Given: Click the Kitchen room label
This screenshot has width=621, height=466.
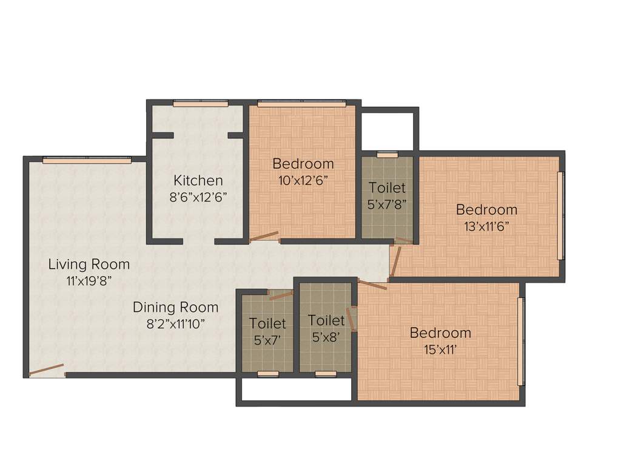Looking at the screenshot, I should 198,180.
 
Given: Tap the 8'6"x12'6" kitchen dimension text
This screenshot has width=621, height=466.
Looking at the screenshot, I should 198,197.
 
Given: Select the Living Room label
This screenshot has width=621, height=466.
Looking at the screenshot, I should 89,264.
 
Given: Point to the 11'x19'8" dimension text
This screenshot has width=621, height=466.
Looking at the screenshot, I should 89,280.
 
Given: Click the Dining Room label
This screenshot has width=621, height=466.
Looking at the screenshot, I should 175,307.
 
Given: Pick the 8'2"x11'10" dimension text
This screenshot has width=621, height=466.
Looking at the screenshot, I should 175,323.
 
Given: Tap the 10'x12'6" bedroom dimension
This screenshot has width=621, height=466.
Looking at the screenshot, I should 303,180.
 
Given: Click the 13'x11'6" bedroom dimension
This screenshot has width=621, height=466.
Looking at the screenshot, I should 486,226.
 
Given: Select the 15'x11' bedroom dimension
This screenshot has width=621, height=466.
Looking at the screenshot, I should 440,349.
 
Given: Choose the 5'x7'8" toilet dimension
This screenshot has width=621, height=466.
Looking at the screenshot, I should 386,204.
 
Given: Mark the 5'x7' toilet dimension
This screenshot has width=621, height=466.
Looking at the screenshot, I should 267,340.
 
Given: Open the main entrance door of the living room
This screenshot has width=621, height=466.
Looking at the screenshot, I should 47,370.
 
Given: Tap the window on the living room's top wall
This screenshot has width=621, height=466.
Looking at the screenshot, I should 87,161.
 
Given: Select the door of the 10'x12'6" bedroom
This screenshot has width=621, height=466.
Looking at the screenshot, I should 264,237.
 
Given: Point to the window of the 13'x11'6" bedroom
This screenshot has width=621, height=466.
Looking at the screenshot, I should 561,216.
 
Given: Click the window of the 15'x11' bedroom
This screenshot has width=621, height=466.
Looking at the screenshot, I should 520,342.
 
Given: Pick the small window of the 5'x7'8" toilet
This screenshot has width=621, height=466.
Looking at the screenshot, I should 388,155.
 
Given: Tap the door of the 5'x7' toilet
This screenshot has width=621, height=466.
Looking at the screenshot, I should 280,295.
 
